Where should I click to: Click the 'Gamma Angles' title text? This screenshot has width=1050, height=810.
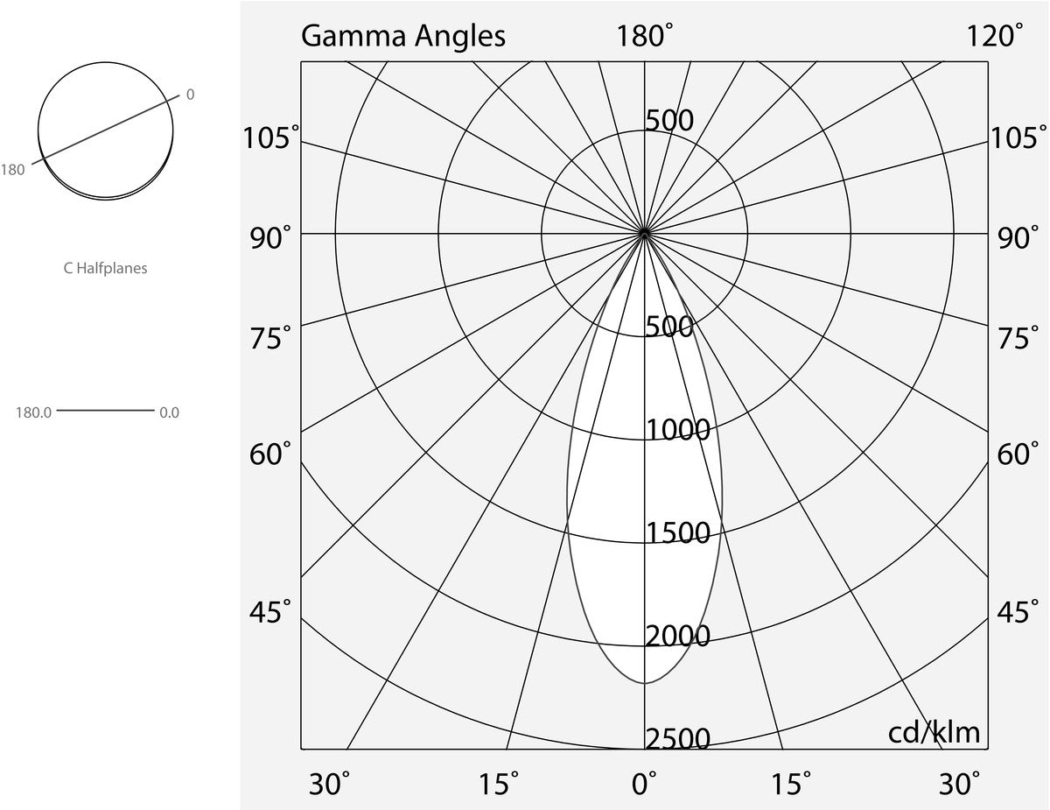tap(403, 36)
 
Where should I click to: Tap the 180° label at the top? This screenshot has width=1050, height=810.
tap(644, 36)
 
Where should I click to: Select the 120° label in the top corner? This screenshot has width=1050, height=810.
tap(994, 36)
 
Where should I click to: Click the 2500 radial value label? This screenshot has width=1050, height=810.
tap(677, 739)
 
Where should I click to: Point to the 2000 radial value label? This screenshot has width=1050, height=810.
tap(677, 636)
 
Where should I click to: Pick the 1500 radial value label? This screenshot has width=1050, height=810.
tap(677, 532)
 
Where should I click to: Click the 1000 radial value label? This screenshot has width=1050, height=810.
tap(677, 429)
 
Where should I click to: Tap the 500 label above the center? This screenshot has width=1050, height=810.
tap(669, 120)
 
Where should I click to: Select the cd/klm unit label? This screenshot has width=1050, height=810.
tap(934, 733)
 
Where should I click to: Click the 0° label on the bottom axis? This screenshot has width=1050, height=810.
tap(644, 784)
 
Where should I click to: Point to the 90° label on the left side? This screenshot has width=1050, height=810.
tap(270, 238)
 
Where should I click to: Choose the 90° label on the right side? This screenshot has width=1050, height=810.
tap(1018, 238)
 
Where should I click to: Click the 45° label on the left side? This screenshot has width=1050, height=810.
tap(270, 612)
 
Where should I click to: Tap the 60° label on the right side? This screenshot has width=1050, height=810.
tap(1018, 454)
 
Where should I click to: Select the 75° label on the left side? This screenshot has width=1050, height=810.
tap(270, 337)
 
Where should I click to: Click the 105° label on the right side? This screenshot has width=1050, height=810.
tap(1014, 137)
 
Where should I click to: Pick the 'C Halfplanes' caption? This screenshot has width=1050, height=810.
tap(105, 268)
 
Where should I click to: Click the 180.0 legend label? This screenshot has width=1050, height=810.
tap(33, 412)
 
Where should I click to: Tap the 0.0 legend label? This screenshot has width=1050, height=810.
tap(169, 412)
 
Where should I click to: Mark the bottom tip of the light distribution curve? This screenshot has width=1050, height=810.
tap(645, 683)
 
